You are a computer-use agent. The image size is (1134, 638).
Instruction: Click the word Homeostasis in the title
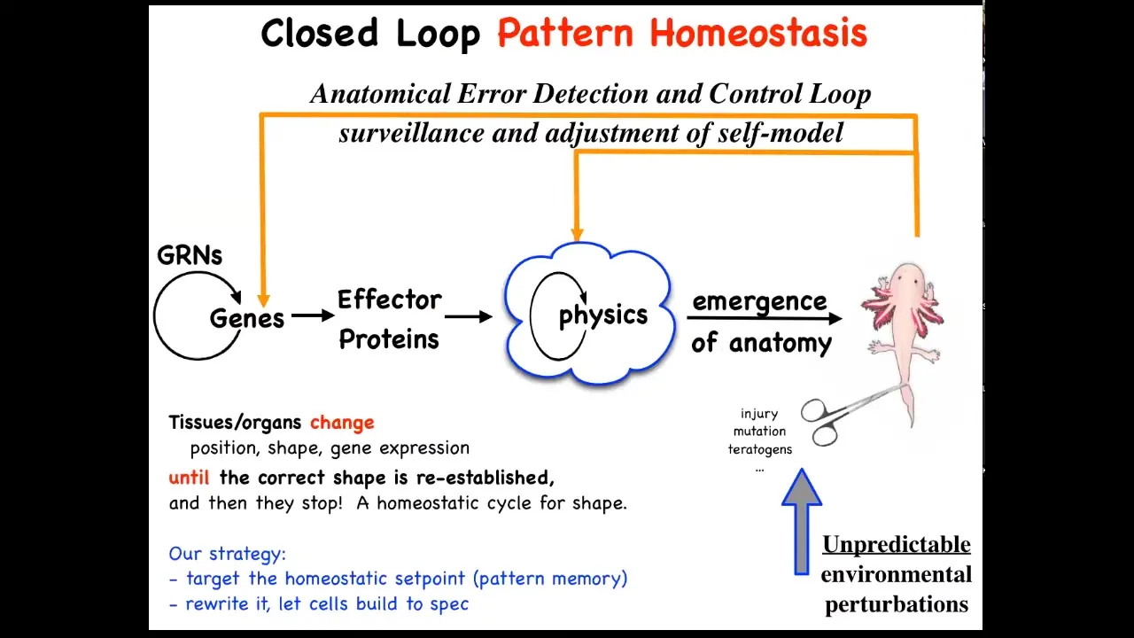758,33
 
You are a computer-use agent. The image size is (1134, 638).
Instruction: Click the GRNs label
190,255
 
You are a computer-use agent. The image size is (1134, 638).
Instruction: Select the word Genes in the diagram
247,318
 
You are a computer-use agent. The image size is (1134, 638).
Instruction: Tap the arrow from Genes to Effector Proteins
313,315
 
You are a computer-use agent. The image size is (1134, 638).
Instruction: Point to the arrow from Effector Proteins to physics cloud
469,316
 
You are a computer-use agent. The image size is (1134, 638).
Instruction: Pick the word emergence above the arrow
759,302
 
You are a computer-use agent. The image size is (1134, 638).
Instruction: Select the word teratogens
760,449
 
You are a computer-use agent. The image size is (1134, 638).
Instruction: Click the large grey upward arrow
802,522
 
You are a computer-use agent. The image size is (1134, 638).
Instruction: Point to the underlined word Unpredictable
897,545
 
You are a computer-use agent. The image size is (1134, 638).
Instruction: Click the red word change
342,423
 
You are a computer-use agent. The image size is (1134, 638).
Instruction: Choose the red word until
189,478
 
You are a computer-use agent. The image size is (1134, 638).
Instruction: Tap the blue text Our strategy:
228,554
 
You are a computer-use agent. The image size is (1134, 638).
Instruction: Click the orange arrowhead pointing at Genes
263,300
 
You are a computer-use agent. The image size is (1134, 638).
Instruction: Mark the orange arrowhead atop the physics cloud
577,235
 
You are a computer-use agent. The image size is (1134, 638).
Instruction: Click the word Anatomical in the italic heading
381,94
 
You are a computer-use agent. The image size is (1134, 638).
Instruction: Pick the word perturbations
897,604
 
